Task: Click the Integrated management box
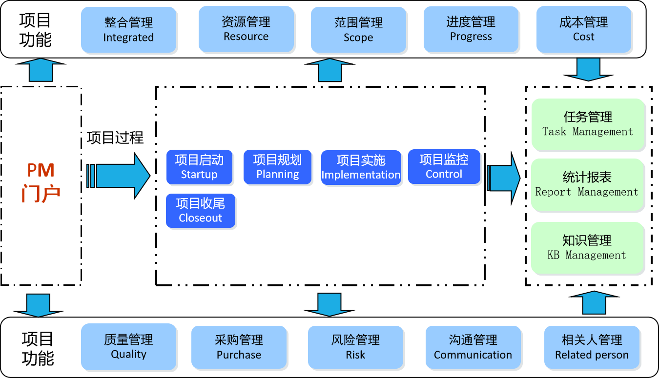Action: [129, 30]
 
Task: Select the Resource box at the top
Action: [247, 29]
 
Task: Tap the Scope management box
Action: [358, 30]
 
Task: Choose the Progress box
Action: [471, 29]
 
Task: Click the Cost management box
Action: [584, 29]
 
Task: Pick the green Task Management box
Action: [588, 124]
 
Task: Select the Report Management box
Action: [587, 184]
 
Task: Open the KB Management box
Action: [587, 248]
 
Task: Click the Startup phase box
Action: [199, 167]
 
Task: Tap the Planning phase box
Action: [277, 167]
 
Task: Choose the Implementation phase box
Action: [361, 168]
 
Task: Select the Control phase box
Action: [444, 167]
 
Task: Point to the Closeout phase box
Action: [200, 211]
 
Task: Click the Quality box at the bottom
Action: [129, 347]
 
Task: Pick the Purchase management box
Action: [239, 347]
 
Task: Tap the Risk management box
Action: [355, 347]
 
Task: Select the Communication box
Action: [473, 347]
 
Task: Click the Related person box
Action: [592, 347]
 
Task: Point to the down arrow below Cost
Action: [588, 69]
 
